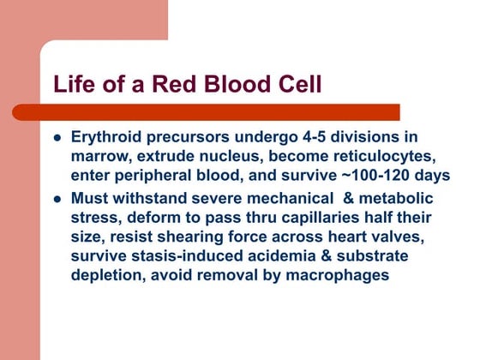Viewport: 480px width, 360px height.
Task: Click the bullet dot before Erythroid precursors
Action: [x=57, y=138]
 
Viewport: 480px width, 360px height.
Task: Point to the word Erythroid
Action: [x=106, y=138]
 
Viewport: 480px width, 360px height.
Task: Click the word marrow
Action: [x=100, y=156]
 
